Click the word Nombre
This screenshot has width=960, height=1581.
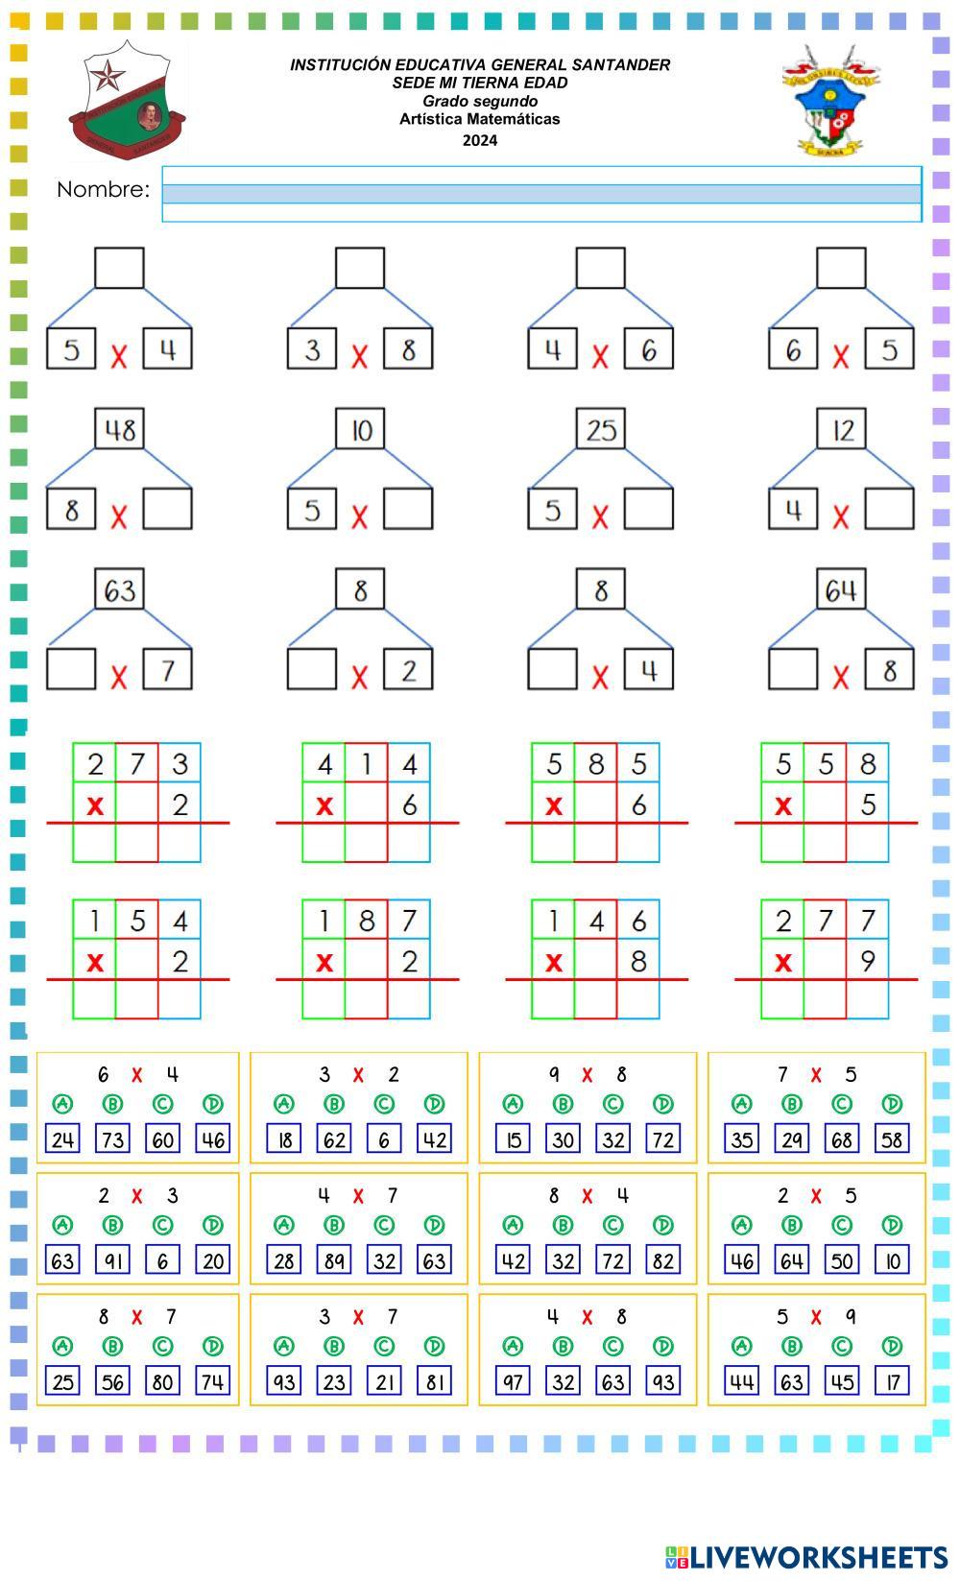(103, 190)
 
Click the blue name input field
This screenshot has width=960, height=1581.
(541, 194)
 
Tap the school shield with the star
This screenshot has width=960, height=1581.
(127, 100)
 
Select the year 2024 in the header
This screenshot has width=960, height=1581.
(480, 140)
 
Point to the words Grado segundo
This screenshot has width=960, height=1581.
(480, 101)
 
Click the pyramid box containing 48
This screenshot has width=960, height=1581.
(120, 429)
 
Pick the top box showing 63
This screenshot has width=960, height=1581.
(120, 589)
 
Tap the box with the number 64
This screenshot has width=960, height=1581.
(841, 589)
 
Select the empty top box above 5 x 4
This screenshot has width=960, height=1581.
(120, 268)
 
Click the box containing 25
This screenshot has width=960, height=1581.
(601, 429)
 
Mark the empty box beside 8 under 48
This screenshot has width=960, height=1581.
(168, 510)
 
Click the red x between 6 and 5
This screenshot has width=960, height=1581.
(841, 357)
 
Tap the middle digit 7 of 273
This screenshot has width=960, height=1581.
(137, 764)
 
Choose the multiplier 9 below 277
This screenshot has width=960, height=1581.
(868, 960)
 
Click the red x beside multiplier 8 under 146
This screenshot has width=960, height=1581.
(554, 962)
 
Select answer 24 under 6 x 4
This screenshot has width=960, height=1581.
(63, 1139)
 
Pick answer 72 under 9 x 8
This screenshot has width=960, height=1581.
(663, 1139)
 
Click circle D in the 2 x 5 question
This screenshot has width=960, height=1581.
(892, 1225)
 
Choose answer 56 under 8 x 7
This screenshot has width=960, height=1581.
(113, 1381)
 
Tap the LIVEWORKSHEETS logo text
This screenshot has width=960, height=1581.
(818, 1557)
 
